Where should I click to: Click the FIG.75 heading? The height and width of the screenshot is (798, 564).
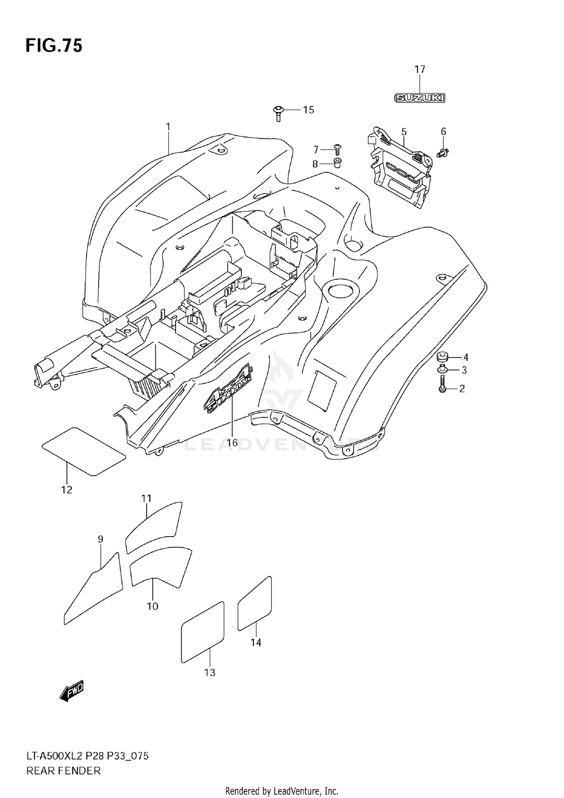click(54, 46)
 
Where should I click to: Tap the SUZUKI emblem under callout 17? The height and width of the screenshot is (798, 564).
click(420, 98)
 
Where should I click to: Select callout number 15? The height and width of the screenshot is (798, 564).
click(308, 110)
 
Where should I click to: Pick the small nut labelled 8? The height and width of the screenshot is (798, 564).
click(337, 163)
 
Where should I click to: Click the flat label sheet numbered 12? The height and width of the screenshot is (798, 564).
click(83, 451)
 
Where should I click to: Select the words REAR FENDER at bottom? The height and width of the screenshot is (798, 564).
click(64, 771)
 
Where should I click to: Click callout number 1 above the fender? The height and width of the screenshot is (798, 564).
click(168, 127)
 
